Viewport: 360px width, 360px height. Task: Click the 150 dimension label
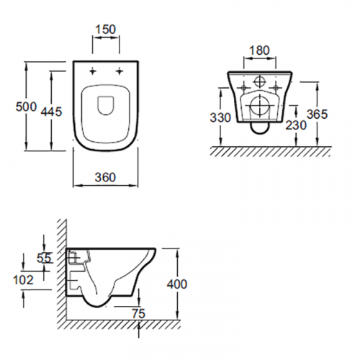point(106,30)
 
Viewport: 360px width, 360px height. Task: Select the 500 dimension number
point(26,107)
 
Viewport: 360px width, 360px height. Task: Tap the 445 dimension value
point(51,112)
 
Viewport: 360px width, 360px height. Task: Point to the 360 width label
point(105,177)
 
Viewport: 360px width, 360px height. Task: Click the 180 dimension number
point(260,50)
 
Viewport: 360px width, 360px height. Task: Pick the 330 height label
point(220,117)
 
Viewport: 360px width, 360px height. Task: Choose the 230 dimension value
point(296,125)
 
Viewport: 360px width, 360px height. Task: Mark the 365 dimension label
point(317,114)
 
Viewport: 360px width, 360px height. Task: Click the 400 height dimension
point(177,284)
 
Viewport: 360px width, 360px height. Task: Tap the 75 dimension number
point(139,314)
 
